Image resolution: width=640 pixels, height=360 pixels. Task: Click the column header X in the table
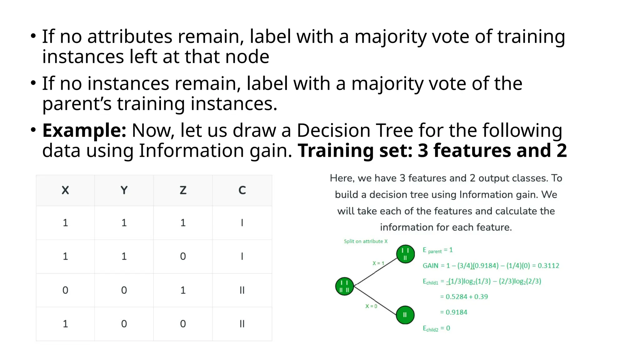pyautogui.click(x=65, y=190)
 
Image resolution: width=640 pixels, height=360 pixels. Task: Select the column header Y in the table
pyautogui.click(x=124, y=190)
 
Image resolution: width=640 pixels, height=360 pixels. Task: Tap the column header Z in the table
pyautogui.click(x=183, y=190)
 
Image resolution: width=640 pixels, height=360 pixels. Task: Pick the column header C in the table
pyautogui.click(x=242, y=190)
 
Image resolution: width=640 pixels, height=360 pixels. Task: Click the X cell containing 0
pyautogui.click(x=65, y=290)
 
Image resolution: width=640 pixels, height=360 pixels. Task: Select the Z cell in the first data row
pyautogui.click(x=183, y=223)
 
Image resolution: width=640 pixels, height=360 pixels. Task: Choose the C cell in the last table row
pyautogui.click(x=242, y=324)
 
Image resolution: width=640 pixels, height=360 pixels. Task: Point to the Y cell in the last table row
pyautogui.click(x=124, y=324)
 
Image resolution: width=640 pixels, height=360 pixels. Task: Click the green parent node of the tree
pyautogui.click(x=344, y=286)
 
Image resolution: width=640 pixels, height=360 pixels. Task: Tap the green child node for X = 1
pyautogui.click(x=405, y=254)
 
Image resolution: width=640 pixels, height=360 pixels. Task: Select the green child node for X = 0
pyautogui.click(x=405, y=315)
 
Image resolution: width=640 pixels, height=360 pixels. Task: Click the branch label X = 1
pyautogui.click(x=378, y=263)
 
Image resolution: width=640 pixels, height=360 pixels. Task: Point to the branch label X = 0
pyautogui.click(x=371, y=306)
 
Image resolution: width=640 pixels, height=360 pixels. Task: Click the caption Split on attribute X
pyautogui.click(x=366, y=241)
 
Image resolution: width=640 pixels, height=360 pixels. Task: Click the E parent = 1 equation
pyautogui.click(x=437, y=250)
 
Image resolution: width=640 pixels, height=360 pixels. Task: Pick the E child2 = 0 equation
pyautogui.click(x=436, y=328)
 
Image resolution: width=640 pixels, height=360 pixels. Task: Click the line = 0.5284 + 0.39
pyautogui.click(x=464, y=297)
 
